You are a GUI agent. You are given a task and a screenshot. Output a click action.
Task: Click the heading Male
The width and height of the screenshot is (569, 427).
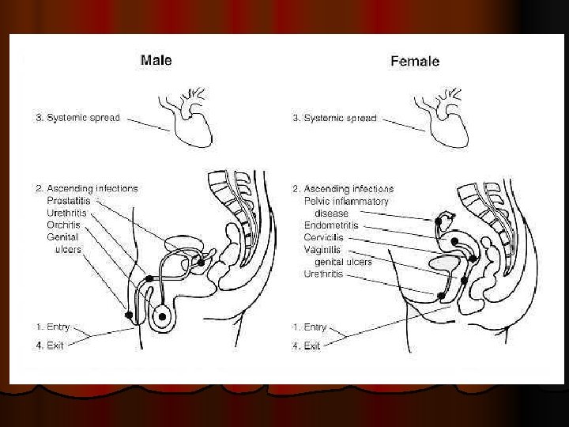tap(156, 60)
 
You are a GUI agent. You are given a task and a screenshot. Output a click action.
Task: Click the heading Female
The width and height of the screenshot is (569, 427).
tap(415, 61)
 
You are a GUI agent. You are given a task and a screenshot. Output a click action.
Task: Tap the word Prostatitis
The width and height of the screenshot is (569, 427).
tap(69, 200)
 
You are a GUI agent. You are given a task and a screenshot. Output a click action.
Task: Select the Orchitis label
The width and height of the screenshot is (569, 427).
tap(63, 225)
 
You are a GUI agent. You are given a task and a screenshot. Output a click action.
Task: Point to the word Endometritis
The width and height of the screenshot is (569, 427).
tap(331, 225)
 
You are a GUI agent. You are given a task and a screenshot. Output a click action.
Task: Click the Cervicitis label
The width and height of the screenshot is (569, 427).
tap(324, 237)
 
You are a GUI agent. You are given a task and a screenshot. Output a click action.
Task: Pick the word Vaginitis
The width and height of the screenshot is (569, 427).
tap(322, 250)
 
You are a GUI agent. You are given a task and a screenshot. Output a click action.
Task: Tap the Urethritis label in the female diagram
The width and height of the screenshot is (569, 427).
tap(323, 274)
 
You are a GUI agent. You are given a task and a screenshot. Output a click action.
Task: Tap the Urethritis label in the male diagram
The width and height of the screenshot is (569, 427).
tap(66, 213)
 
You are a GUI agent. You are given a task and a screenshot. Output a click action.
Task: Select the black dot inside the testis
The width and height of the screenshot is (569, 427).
tap(162, 317)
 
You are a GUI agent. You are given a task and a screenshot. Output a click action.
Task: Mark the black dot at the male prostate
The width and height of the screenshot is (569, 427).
tap(201, 263)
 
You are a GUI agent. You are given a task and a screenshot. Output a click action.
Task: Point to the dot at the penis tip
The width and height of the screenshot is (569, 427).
tap(129, 315)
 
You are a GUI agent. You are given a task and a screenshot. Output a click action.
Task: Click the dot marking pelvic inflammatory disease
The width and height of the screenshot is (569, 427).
tap(439, 221)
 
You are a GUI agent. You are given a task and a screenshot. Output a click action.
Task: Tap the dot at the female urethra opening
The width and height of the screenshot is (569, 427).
tap(441, 296)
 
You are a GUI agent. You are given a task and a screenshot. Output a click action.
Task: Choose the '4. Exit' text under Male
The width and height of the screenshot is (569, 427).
tap(50, 346)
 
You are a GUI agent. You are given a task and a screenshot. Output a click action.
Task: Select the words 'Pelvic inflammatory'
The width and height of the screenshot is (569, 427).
tap(346, 201)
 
